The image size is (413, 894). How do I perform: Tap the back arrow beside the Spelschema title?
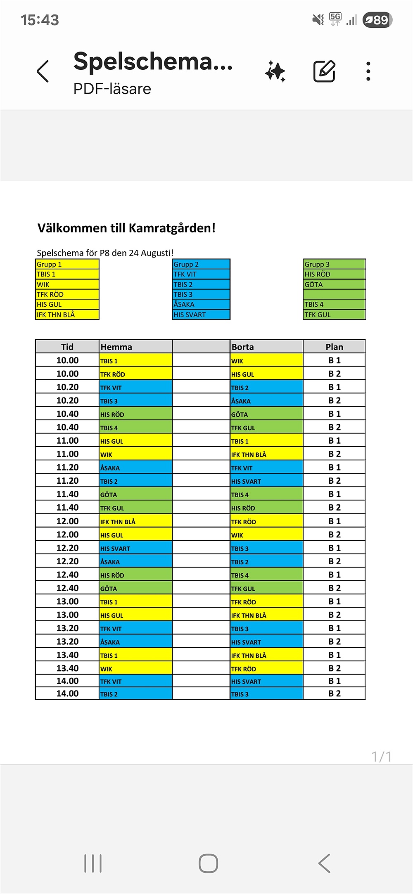tap(43, 71)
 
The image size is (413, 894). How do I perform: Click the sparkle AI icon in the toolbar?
tap(275, 71)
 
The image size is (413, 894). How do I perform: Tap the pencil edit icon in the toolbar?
tap(324, 71)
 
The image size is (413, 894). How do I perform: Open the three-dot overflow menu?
tap(368, 71)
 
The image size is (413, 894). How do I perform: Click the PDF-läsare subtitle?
tap(112, 89)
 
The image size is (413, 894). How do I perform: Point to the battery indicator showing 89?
tap(377, 20)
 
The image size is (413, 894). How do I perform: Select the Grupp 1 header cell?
tap(67, 264)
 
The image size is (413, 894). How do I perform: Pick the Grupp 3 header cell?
tap(334, 264)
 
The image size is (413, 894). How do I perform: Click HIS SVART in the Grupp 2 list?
tap(201, 315)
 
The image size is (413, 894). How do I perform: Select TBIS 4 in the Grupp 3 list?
tap(334, 304)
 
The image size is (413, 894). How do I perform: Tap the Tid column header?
tap(67, 347)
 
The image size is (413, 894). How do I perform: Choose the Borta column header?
tap(266, 347)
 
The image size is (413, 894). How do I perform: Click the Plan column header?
tap(334, 347)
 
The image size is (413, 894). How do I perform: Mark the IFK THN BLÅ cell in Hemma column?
tap(135, 522)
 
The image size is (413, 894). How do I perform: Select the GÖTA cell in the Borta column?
tap(266, 414)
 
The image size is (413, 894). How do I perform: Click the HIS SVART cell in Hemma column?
tap(135, 549)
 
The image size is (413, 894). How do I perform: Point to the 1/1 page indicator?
tap(381, 757)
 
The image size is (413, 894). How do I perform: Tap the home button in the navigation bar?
tap(208, 863)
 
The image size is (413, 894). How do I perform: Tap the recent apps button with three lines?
tap(93, 863)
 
